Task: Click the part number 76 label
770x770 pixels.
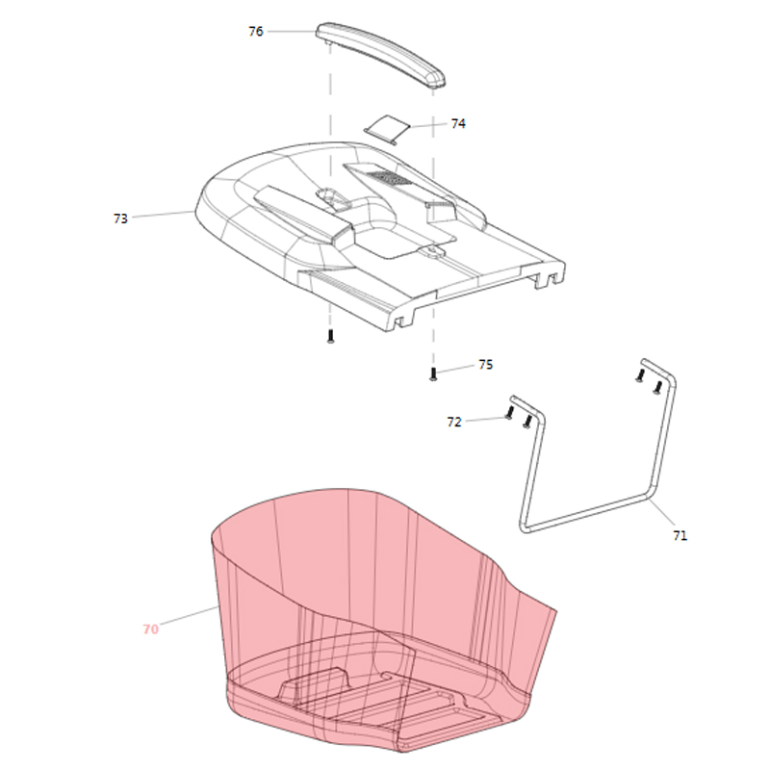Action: (x=256, y=32)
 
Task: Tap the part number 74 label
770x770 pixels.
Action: (x=458, y=124)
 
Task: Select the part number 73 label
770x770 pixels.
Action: (x=120, y=218)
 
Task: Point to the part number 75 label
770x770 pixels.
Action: (x=485, y=365)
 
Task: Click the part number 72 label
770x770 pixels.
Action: (x=454, y=423)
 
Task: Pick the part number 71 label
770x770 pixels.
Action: (x=680, y=536)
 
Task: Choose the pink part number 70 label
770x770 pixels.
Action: (x=151, y=629)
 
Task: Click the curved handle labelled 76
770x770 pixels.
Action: (x=380, y=54)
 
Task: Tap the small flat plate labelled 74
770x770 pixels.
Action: (x=388, y=130)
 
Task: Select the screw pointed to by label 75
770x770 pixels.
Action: (x=432, y=374)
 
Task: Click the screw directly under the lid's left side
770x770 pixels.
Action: (x=330, y=336)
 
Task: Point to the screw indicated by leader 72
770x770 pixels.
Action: (x=509, y=413)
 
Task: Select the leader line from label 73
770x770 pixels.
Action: (x=164, y=214)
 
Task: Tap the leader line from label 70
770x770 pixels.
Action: (x=189, y=616)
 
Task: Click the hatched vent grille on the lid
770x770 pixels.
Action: (x=391, y=178)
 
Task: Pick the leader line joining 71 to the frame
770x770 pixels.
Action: (x=661, y=512)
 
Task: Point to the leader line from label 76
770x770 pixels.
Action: (x=292, y=32)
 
